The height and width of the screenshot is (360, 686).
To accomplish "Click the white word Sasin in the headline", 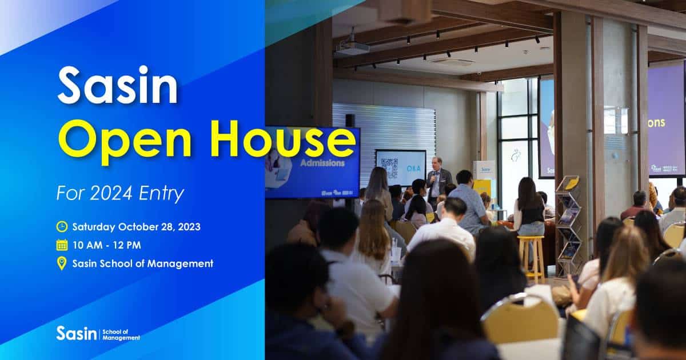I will coord(117,85).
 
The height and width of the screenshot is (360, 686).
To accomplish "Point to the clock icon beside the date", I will coord(62,226).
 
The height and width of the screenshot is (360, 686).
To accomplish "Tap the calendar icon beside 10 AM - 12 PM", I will coord(62,245).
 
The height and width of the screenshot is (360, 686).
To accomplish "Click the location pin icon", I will coord(62,263).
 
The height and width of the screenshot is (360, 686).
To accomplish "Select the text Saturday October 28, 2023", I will coord(136,226).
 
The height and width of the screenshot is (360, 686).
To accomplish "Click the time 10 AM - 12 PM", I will coord(107,245).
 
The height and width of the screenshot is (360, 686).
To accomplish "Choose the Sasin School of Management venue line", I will coord(142,263).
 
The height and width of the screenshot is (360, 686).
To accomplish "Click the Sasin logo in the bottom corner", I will coord(97,334).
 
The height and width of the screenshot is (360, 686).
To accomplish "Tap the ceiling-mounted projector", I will coord(352,49).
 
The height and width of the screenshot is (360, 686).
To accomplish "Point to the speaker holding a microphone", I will coord(437,180).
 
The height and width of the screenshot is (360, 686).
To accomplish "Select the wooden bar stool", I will coord(532,257).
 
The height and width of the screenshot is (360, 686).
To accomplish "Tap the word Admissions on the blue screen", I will coord(323,163).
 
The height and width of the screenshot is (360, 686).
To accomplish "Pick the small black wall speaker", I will coord(350,121).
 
